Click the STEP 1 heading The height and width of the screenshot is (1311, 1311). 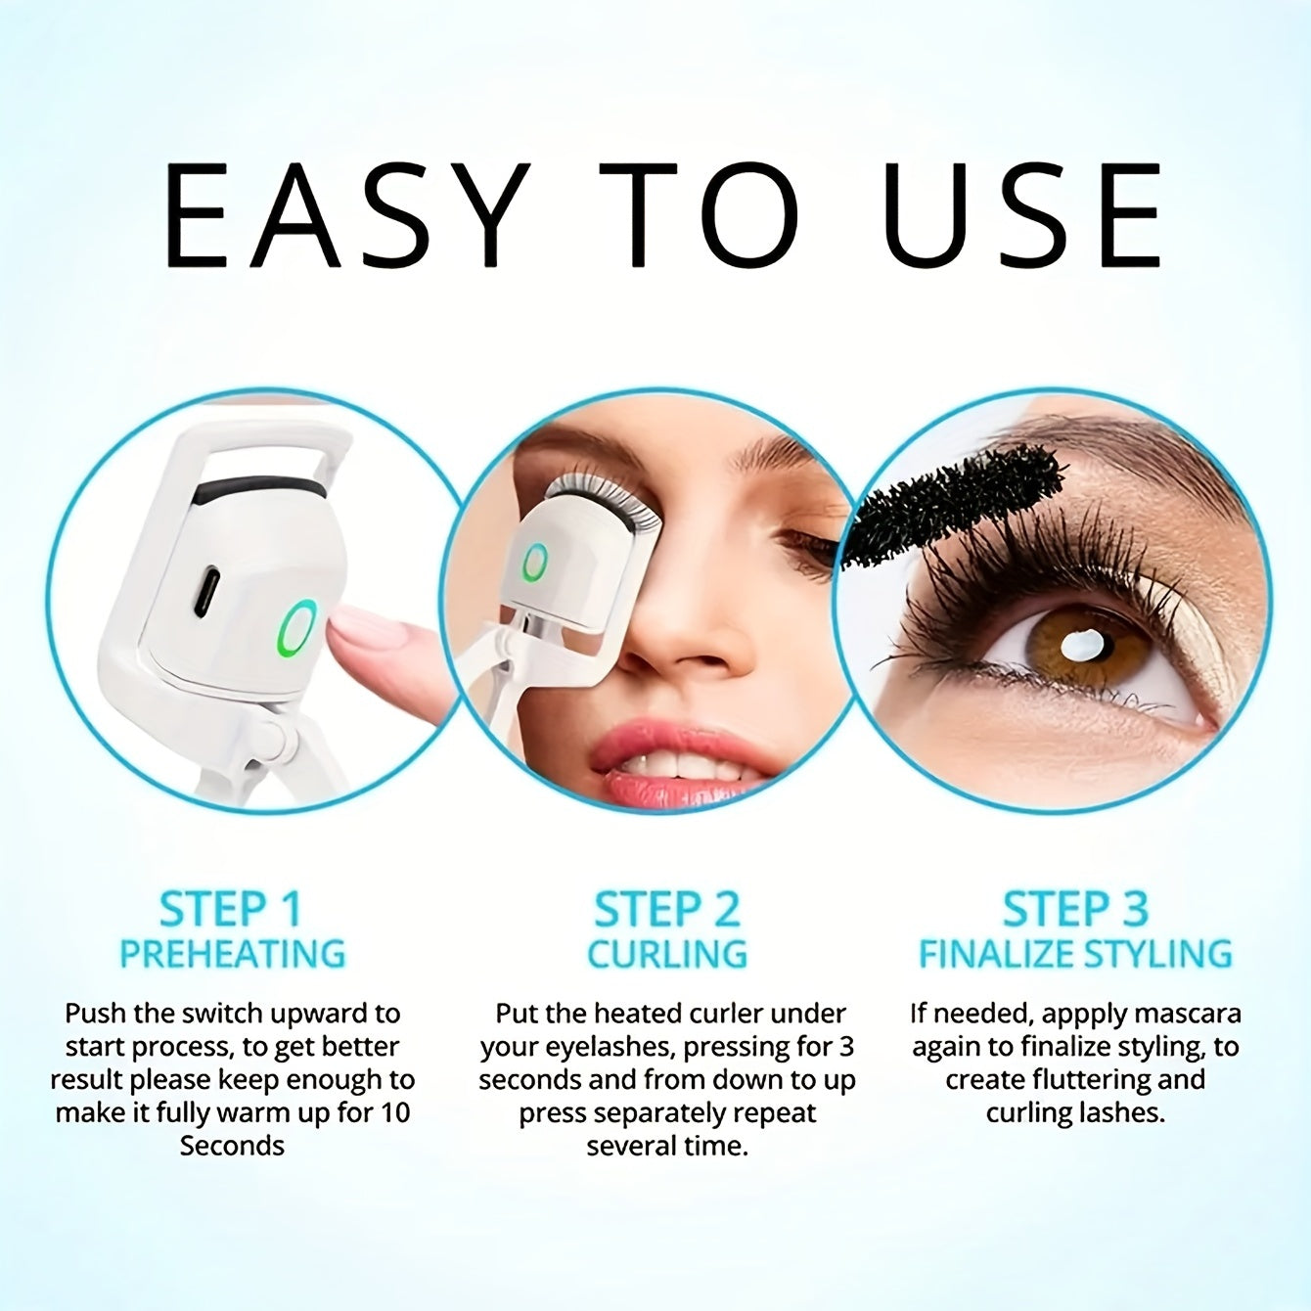pos(231,909)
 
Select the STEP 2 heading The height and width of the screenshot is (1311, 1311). pos(667,909)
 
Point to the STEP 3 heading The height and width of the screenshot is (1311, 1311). pos(1074,909)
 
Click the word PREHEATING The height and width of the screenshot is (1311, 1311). pos(233,954)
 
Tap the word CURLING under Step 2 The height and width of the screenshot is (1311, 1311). pos(667,954)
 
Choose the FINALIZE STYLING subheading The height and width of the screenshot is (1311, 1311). pos(1074,954)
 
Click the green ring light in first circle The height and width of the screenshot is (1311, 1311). pos(296,627)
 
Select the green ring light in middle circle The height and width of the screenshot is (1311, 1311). pos(534,563)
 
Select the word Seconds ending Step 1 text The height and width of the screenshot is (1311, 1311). pos(232,1146)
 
